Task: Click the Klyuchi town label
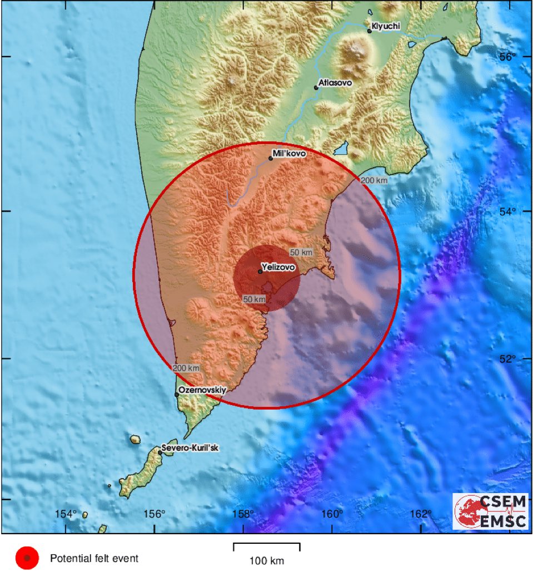tap(386, 26)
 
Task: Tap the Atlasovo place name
tap(335, 83)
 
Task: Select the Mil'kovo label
tap(290, 154)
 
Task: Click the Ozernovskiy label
tap(203, 391)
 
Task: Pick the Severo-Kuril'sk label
tap(190, 448)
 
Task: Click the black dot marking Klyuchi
tap(369, 31)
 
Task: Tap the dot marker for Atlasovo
tap(316, 88)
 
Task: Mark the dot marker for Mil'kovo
tap(271, 159)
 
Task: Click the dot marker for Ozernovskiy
tap(177, 395)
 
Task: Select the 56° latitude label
tap(507, 56)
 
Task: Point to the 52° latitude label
tap(507, 359)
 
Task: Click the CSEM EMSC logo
tap(490, 511)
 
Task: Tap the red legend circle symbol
tap(27, 558)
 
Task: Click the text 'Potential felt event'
tap(94, 558)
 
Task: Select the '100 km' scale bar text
tap(267, 561)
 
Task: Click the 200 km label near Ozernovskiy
tap(186, 368)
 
